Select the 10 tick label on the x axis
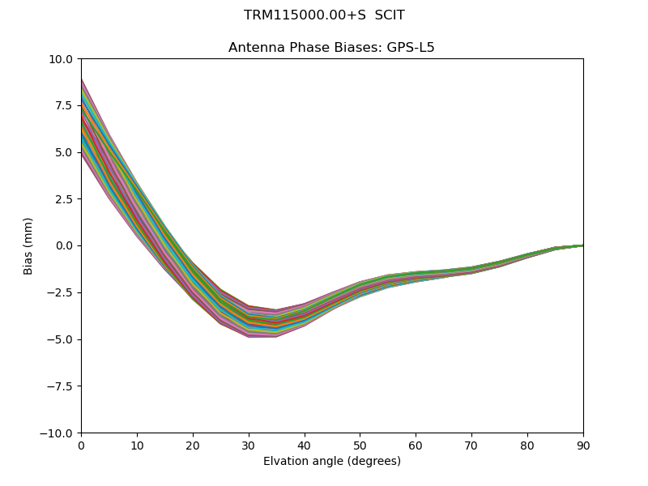click(137, 445)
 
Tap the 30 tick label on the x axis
click(249, 445)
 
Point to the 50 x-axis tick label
click(360, 445)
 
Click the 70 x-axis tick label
click(471, 445)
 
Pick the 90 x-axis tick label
click(583, 445)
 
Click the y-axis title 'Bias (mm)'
click(28, 246)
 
